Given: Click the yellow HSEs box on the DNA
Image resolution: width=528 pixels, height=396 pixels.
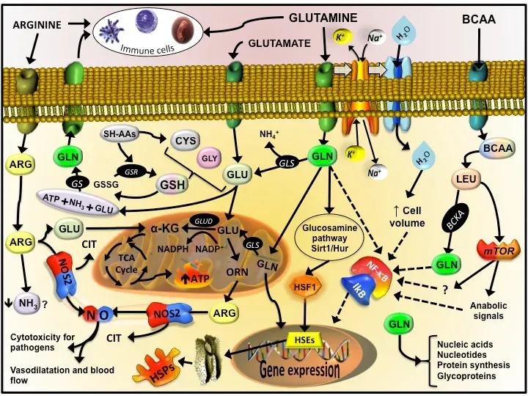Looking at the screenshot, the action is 305,340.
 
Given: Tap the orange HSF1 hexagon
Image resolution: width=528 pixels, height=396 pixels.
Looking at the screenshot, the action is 305,286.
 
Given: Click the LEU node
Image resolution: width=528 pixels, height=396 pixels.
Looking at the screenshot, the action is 466,178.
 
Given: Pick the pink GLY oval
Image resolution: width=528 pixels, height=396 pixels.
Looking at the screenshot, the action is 210,158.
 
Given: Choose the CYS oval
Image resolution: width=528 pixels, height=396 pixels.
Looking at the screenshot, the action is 185,140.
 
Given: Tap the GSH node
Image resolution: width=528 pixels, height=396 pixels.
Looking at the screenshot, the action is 172,185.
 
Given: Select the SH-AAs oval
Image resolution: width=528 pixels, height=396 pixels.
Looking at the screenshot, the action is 120,134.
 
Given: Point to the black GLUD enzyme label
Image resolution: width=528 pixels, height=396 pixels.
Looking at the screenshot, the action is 205,221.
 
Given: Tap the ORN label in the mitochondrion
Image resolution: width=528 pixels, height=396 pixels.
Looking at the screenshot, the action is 237,272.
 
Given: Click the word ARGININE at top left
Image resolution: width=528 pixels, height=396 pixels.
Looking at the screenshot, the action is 37,25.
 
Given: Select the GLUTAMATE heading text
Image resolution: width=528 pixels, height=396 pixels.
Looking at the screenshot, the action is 279,43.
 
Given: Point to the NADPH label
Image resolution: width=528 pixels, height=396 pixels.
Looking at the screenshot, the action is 173,249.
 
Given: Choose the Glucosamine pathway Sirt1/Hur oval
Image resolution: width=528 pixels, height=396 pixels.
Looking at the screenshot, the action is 329,238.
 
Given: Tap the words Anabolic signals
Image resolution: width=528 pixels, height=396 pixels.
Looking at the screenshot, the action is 488,310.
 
